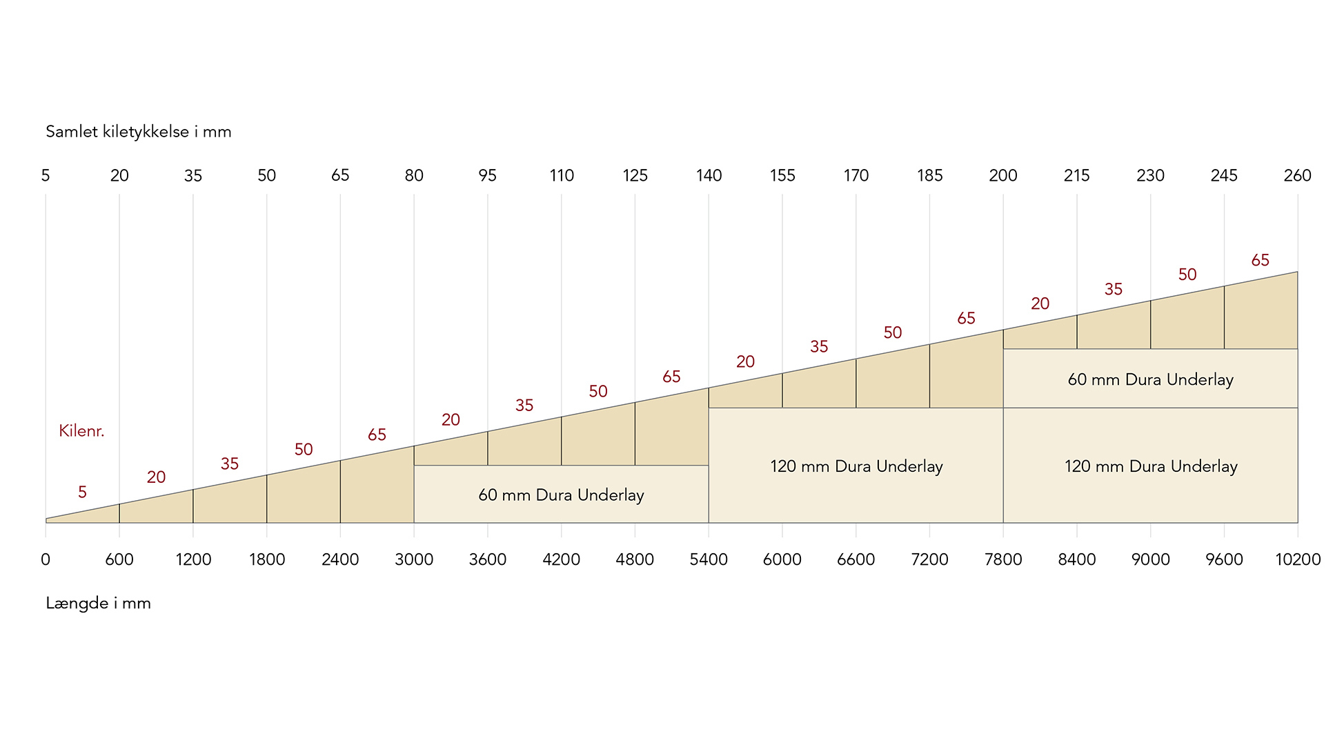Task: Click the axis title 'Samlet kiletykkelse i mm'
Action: (138, 132)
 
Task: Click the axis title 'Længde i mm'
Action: (98, 604)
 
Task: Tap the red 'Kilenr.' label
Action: (81, 431)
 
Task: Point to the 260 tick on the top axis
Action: (1297, 176)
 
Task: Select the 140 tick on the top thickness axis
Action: (709, 176)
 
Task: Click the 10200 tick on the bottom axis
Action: (1297, 559)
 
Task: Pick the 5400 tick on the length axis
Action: (709, 559)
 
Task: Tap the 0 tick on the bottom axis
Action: (46, 559)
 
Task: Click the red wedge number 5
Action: (82, 493)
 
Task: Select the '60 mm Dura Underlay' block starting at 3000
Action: (561, 495)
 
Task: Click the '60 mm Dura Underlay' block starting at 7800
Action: (1150, 379)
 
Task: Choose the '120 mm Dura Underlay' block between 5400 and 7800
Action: (856, 466)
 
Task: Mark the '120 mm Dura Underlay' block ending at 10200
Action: (1150, 466)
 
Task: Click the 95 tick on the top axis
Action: (488, 176)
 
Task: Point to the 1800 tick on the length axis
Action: (267, 559)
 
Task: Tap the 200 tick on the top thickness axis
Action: (1003, 176)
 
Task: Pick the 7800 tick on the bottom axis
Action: (1003, 559)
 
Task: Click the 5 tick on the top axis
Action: (46, 176)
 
